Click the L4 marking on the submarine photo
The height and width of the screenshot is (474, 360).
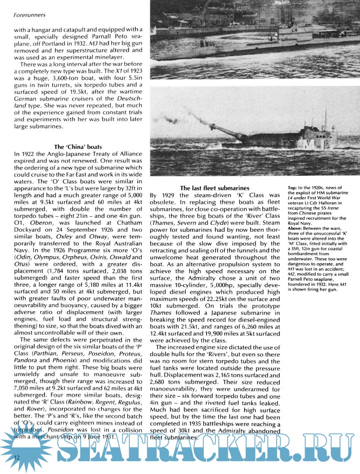tap(289, 30)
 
